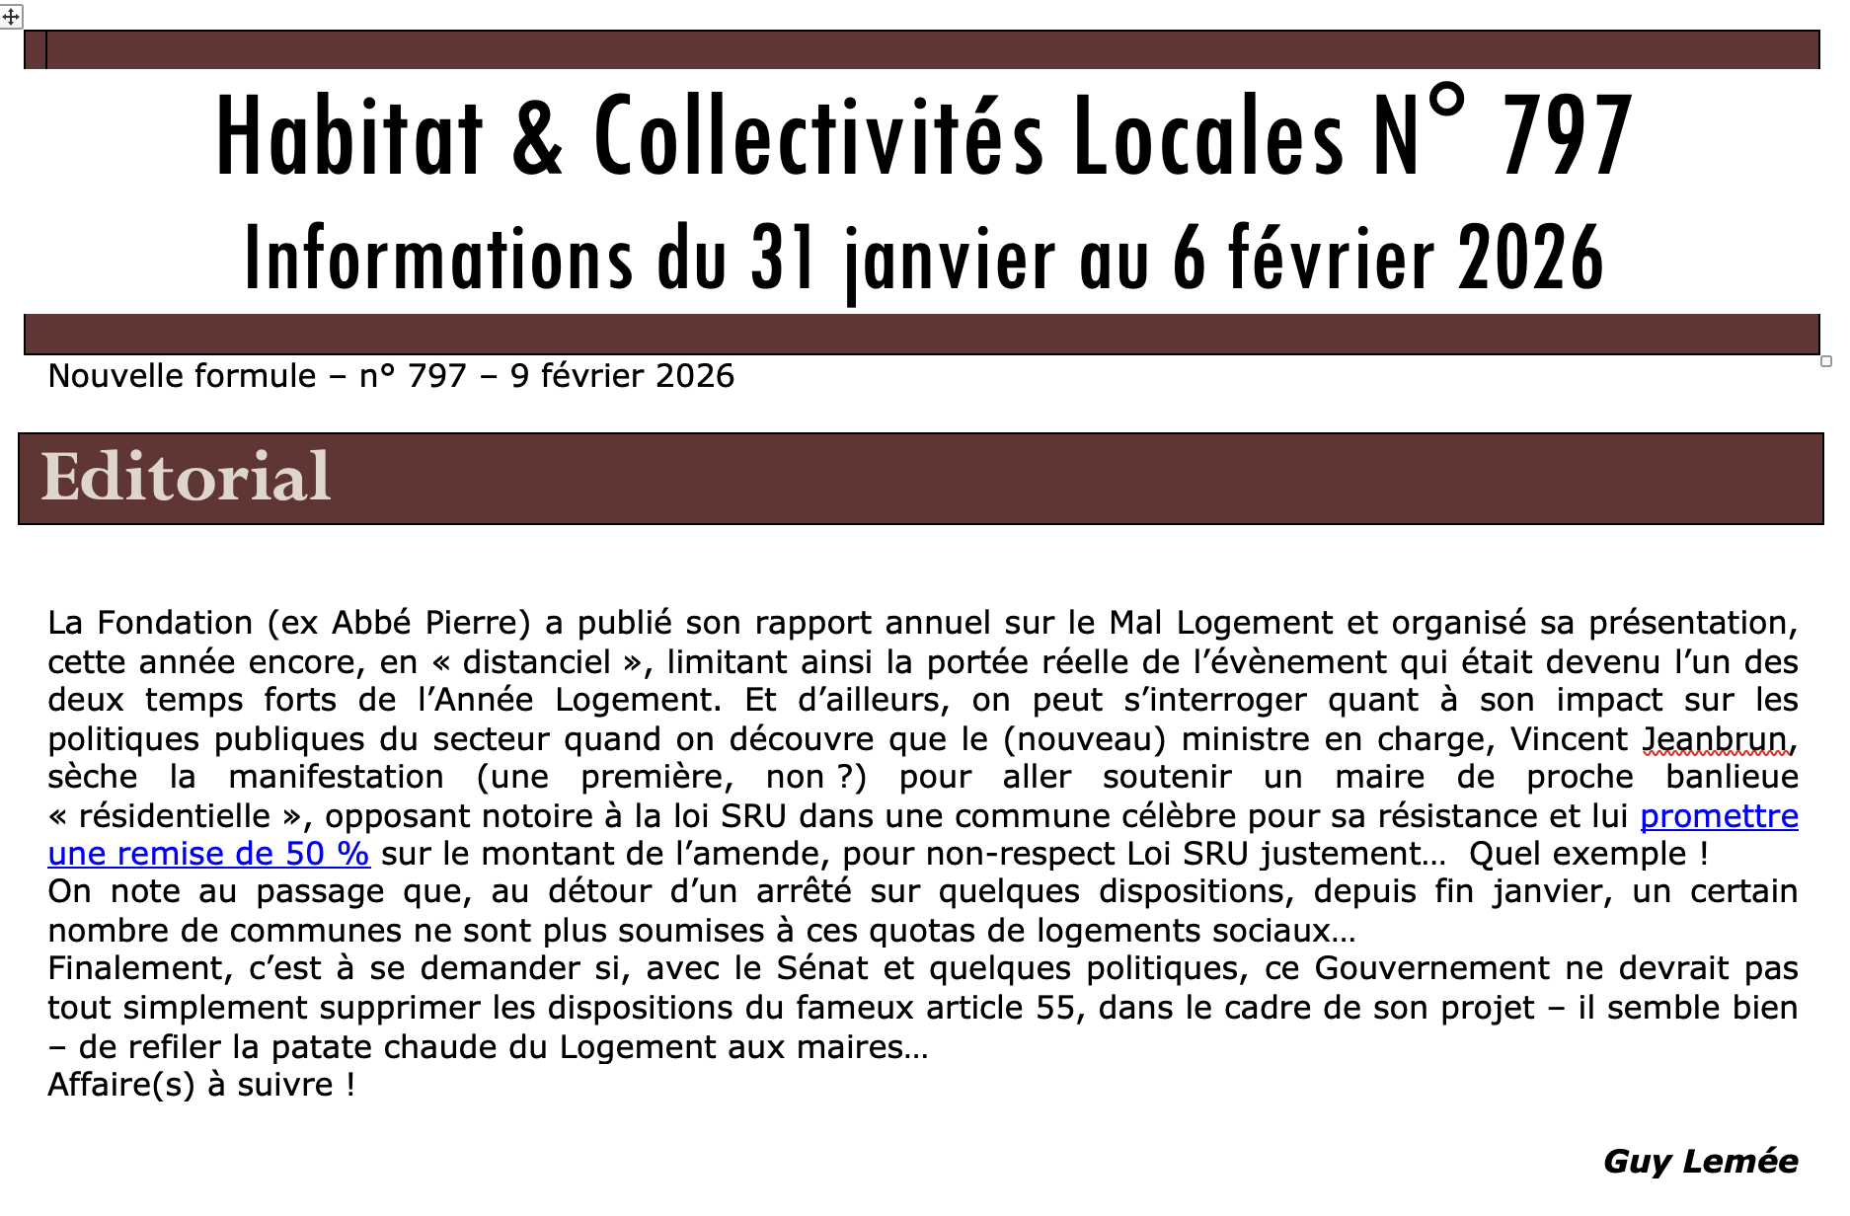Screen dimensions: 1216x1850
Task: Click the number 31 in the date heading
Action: pos(783,259)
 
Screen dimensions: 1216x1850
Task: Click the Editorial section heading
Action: pos(186,478)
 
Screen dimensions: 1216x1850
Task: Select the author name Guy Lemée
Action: pos(1700,1161)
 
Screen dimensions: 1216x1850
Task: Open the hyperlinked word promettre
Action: pos(1718,816)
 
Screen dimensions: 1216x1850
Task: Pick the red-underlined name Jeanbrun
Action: pos(1715,739)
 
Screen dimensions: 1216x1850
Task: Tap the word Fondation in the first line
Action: pos(175,623)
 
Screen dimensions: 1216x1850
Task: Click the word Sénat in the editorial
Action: pos(821,968)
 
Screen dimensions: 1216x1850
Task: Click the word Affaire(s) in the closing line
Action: pos(121,1085)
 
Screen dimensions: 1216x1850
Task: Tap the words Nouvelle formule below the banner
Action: pos(182,376)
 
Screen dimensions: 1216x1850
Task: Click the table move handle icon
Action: pos(11,17)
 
